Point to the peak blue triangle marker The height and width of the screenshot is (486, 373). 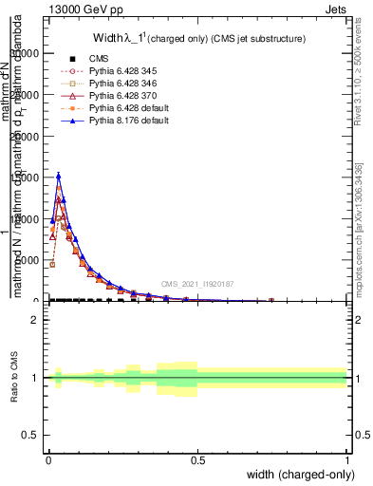(x=59, y=176)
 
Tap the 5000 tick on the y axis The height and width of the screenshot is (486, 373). (x=28, y=260)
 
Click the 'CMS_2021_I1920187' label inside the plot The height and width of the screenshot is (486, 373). (x=196, y=283)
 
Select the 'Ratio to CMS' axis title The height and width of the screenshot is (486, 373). (x=16, y=378)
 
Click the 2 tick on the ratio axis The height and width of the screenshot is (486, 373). (x=36, y=320)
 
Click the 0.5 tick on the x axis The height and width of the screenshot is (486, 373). (x=197, y=460)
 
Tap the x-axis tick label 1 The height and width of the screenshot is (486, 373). (x=347, y=460)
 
